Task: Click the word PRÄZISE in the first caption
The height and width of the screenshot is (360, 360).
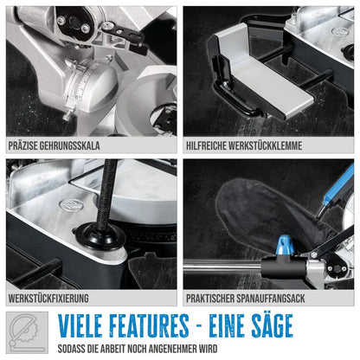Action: point(22,145)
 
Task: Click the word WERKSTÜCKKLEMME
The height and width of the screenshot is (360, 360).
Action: point(265,145)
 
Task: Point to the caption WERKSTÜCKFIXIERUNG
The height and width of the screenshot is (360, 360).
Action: point(48,299)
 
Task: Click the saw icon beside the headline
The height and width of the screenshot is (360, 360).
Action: point(27,332)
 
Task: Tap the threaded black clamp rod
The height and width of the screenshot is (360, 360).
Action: point(108,192)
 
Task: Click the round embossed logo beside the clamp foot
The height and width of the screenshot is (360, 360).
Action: point(71,204)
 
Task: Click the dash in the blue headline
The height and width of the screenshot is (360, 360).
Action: point(199,327)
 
